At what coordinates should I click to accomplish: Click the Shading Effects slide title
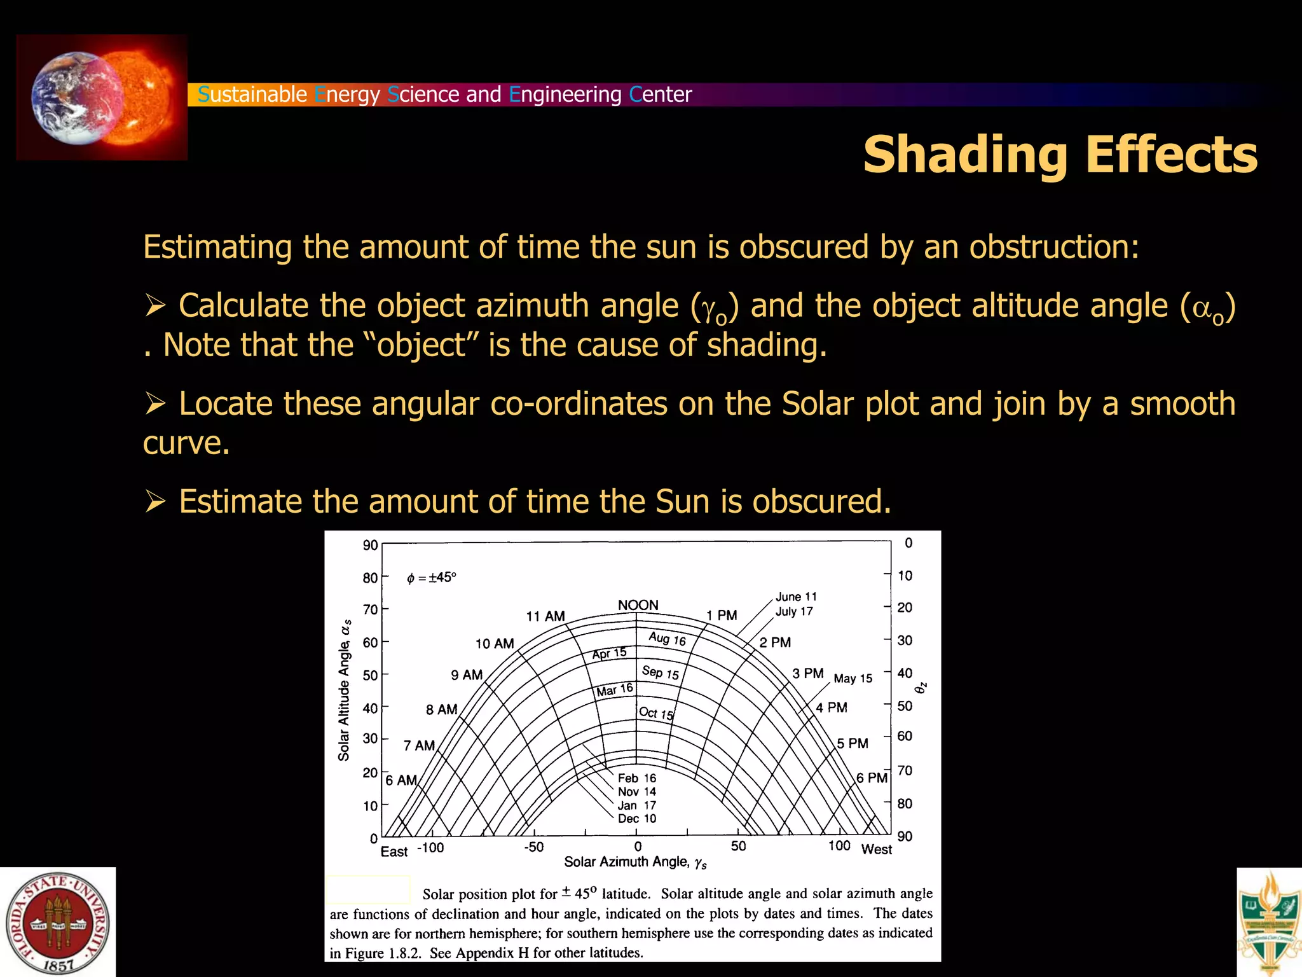point(1060,155)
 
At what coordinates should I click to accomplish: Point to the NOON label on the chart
point(638,605)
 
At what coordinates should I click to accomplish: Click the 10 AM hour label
point(495,644)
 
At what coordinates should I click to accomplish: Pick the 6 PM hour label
point(871,778)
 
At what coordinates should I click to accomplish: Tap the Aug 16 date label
point(667,639)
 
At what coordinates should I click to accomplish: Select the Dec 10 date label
point(636,819)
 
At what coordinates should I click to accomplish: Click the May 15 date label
point(853,679)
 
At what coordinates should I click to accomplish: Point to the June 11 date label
point(796,597)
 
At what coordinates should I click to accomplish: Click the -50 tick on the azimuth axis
point(534,847)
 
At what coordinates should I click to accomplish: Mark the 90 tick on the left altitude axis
point(370,546)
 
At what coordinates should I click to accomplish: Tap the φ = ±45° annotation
point(431,578)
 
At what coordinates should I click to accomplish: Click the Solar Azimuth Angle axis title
point(635,863)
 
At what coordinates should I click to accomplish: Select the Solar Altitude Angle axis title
point(345,690)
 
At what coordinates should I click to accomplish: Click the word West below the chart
point(876,850)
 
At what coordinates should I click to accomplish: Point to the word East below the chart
point(394,852)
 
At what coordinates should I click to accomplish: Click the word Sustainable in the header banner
point(252,94)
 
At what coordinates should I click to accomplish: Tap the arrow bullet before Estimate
point(155,501)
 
